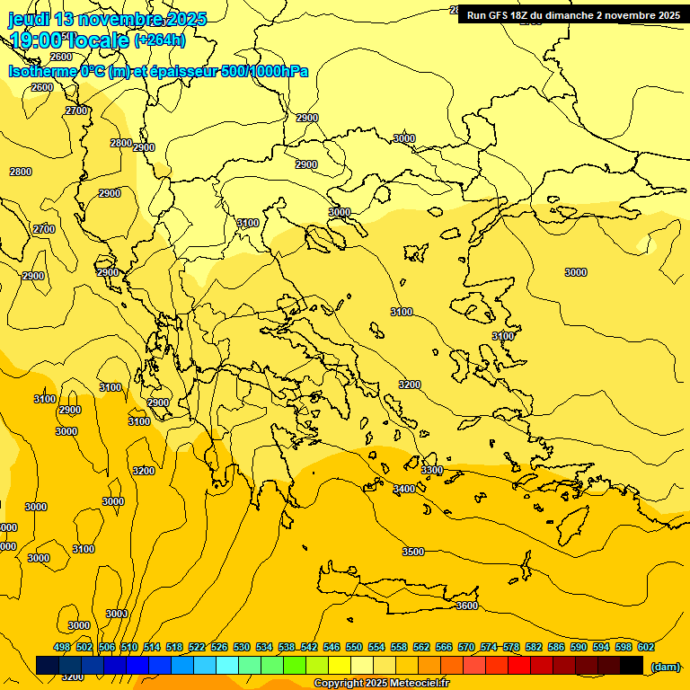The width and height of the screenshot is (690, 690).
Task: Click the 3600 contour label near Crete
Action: (467, 606)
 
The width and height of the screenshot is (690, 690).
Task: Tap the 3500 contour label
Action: (413, 552)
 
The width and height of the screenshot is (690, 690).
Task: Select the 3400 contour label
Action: (404, 489)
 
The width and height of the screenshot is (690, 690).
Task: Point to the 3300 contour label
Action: (432, 470)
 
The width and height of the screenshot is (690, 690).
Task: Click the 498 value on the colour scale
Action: (62, 648)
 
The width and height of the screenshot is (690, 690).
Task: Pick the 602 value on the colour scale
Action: (646, 648)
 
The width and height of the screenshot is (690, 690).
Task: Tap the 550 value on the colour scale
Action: (354, 648)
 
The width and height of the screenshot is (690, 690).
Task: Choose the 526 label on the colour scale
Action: (219, 648)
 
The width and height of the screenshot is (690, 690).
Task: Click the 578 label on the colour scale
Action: (511, 648)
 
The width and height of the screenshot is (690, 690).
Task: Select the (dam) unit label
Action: (666, 667)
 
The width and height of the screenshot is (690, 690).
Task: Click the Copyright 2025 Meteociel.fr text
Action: (381, 684)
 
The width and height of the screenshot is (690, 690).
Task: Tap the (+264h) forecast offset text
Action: (160, 40)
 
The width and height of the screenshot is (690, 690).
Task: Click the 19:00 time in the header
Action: (37, 40)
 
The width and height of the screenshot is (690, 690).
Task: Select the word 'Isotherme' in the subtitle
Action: (42, 71)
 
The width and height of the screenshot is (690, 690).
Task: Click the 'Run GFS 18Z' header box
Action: (573, 14)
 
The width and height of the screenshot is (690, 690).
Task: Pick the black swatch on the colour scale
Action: (632, 666)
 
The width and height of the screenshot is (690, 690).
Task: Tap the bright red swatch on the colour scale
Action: (519, 666)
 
